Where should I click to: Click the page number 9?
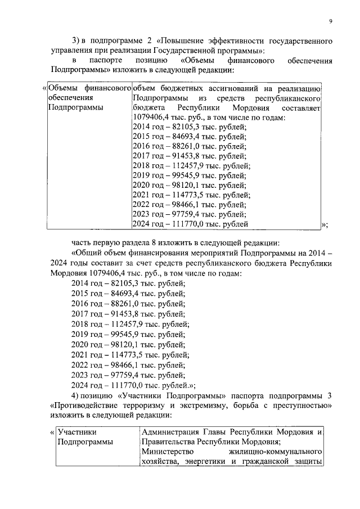click(331, 21)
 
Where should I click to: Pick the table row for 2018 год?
click(191, 166)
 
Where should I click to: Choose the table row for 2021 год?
click(191, 195)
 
